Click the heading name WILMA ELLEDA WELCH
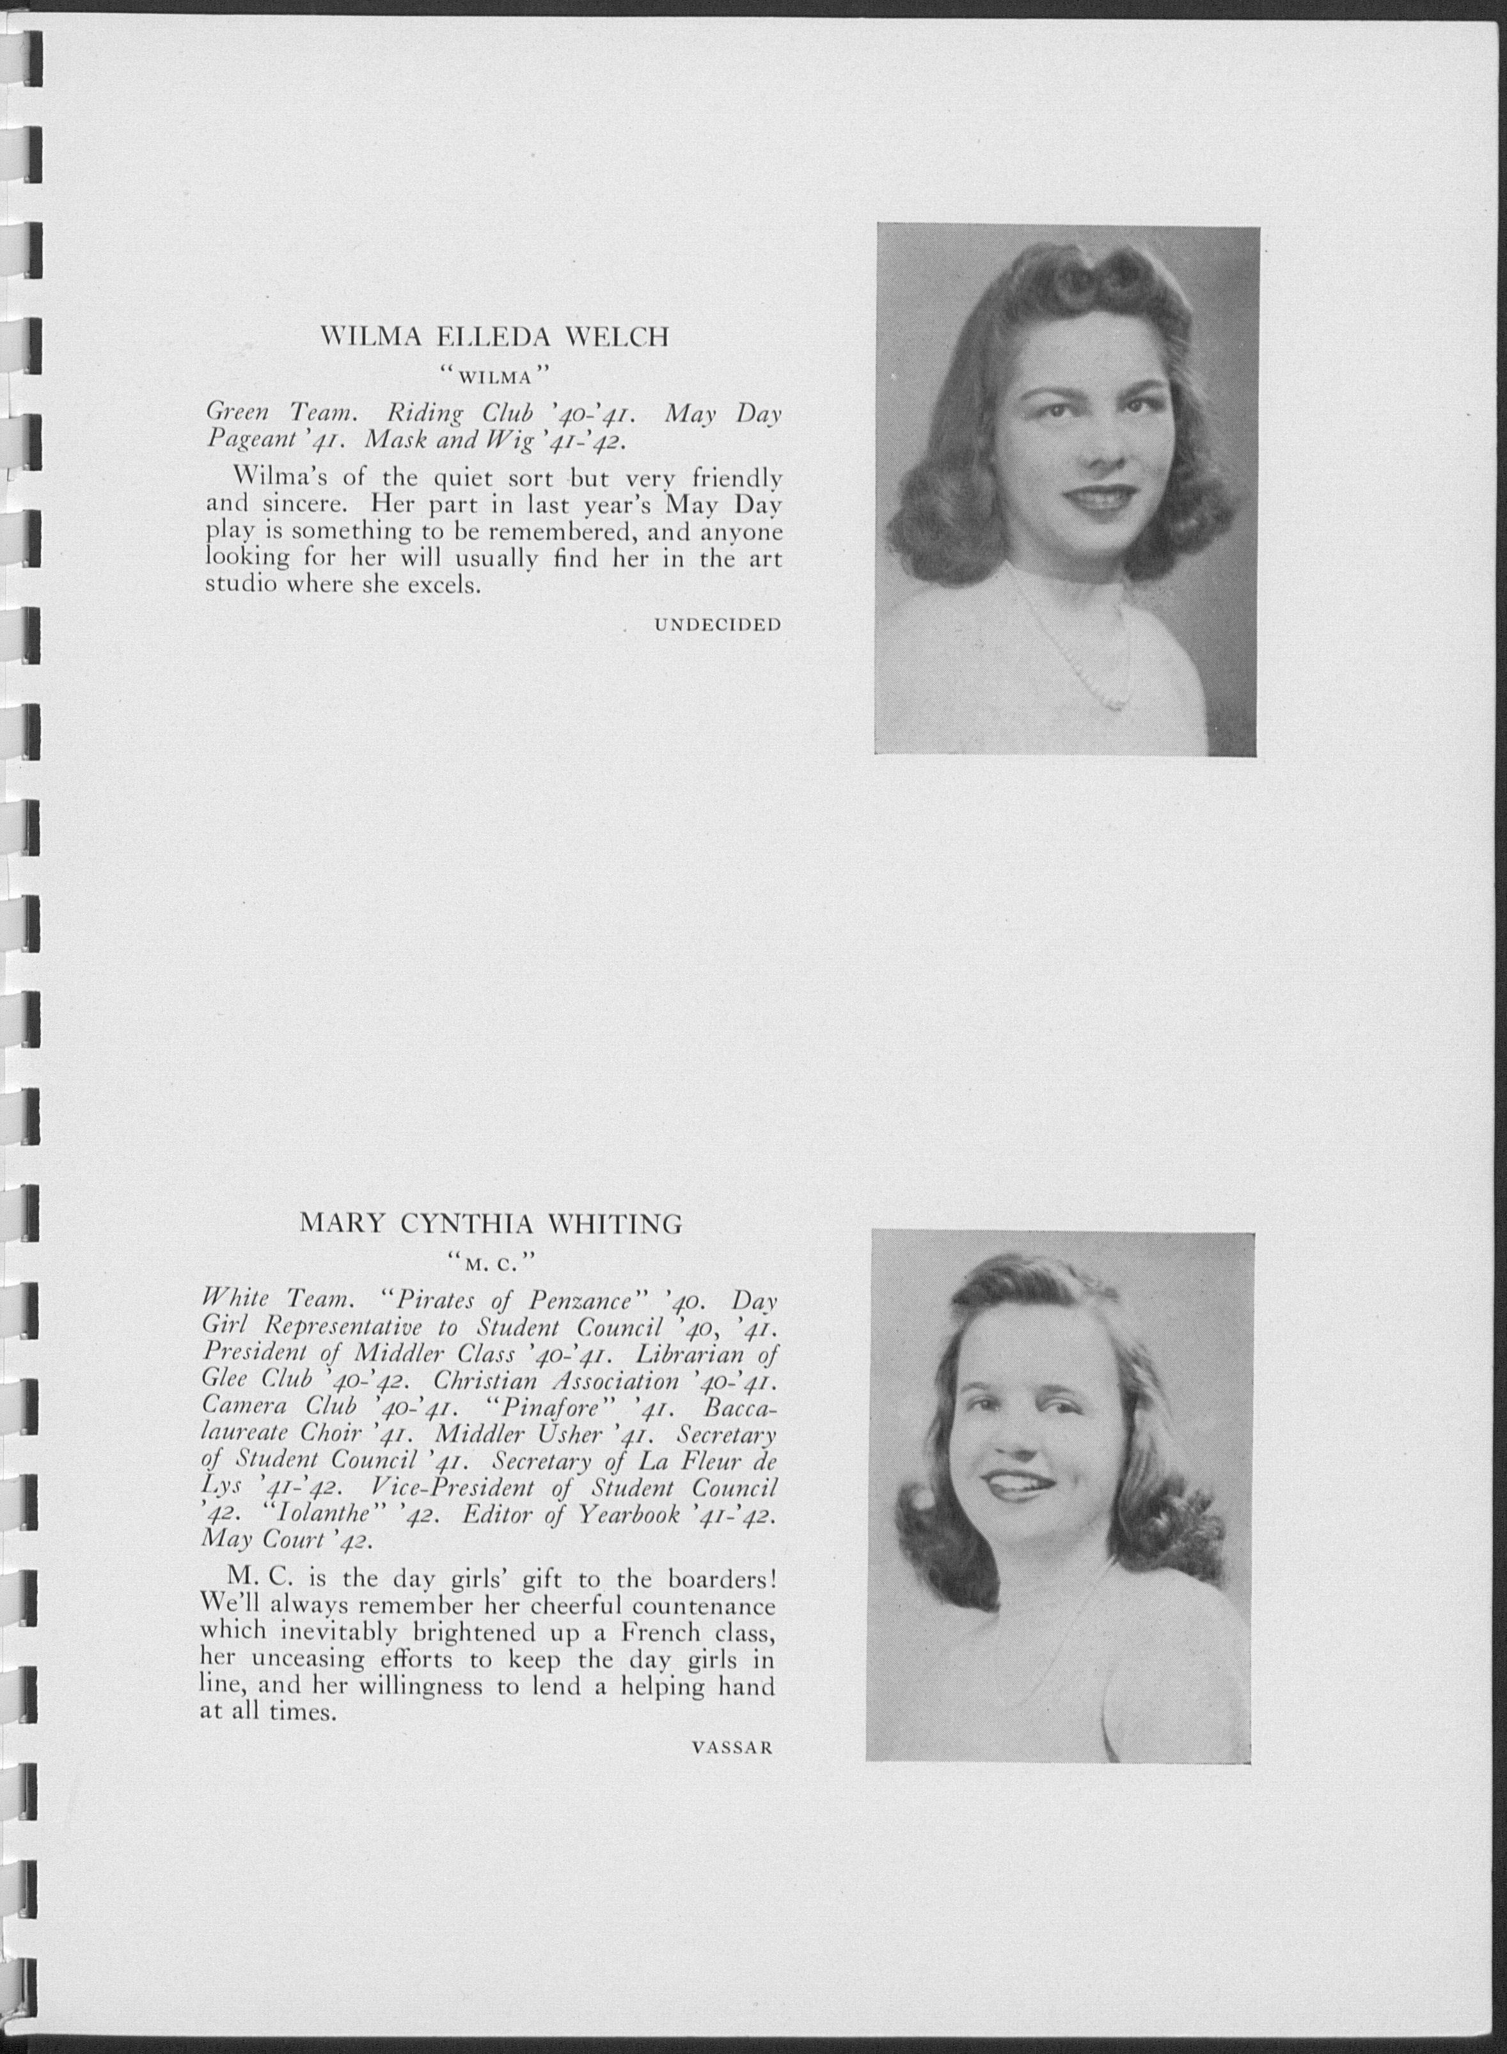tap(494, 338)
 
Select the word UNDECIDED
tap(717, 625)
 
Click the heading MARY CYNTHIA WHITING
tap(491, 1224)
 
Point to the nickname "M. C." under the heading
tap(490, 1263)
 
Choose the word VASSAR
tap(732, 1748)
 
